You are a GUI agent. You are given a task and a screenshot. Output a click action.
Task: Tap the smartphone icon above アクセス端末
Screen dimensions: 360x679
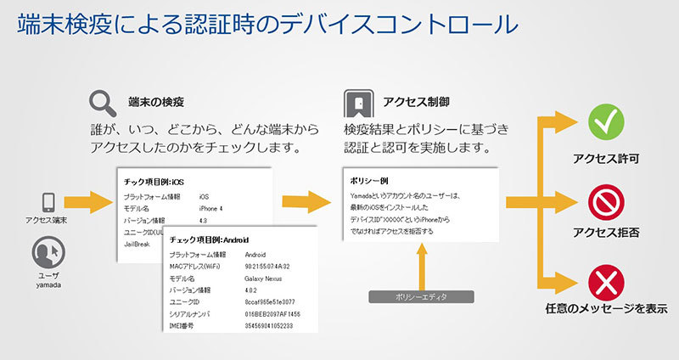(48, 202)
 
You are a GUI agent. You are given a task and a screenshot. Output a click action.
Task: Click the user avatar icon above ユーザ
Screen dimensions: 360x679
(48, 254)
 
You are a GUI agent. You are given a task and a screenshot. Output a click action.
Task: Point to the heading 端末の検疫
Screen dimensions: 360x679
(156, 102)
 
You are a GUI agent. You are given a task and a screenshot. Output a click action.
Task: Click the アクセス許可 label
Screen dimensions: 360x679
(606, 158)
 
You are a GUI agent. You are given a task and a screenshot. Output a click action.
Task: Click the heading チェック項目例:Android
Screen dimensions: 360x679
(208, 239)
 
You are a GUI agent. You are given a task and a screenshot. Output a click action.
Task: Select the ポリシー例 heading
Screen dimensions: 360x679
(369, 181)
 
